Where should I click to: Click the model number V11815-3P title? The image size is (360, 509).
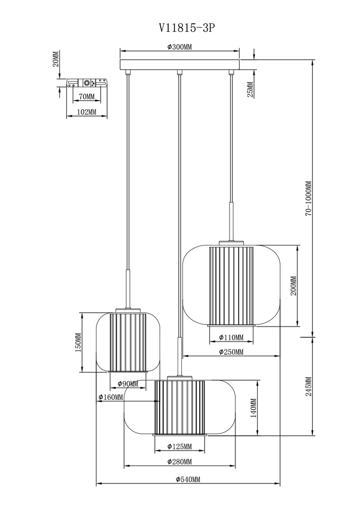[187, 28]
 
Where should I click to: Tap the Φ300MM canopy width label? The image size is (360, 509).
[180, 47]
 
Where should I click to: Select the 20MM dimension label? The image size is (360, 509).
[56, 59]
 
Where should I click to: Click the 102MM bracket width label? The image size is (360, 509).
[86, 112]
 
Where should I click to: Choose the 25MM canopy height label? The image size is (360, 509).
[250, 90]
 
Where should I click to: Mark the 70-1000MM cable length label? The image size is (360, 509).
[309, 198]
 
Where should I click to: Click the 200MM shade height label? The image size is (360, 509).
[293, 286]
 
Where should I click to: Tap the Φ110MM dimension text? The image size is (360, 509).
[231, 338]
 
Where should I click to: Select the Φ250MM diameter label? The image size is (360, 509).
[231, 352]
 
